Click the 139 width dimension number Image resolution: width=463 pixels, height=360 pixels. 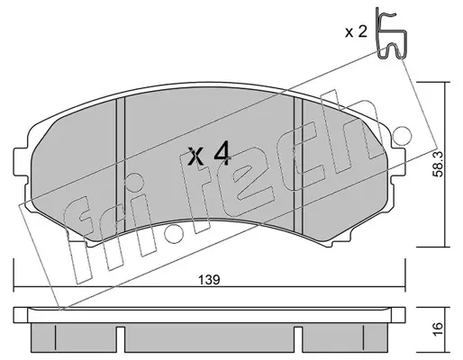tap(209, 280)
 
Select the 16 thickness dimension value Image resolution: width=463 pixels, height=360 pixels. tap(439, 330)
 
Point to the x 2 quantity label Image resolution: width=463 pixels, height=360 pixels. tap(356, 31)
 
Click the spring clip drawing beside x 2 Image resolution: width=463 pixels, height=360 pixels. tap(391, 33)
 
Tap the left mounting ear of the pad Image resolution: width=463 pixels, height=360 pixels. tap(21, 162)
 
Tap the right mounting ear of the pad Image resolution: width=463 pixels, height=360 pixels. tap(399, 162)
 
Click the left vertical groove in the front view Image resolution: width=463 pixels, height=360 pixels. tap(121, 165)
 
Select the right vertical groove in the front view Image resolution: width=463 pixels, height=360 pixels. tap(298, 165)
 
